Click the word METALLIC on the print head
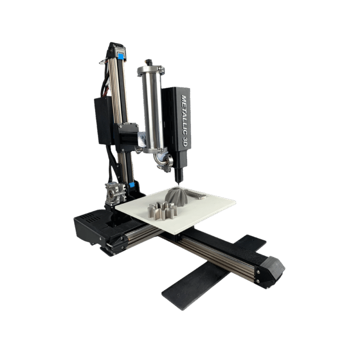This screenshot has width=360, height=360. pos(184,115)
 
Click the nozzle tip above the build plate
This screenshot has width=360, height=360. pos(178,183)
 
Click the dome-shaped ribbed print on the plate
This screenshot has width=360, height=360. pos(177,196)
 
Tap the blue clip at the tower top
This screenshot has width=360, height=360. pos(121,56)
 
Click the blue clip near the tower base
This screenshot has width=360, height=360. pos(131,185)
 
